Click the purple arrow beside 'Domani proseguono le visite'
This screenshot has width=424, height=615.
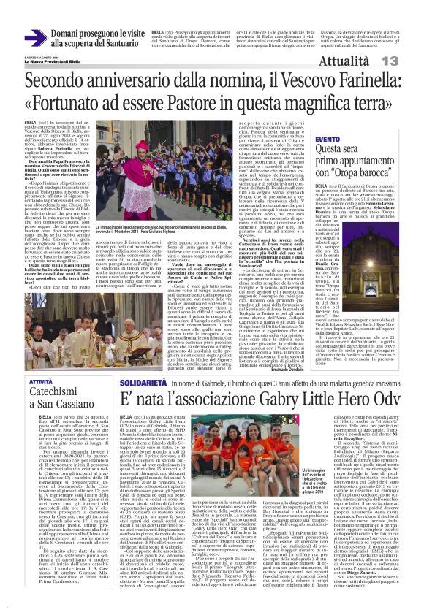[x=36, y=38]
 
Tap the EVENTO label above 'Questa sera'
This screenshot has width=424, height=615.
[x=327, y=138]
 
